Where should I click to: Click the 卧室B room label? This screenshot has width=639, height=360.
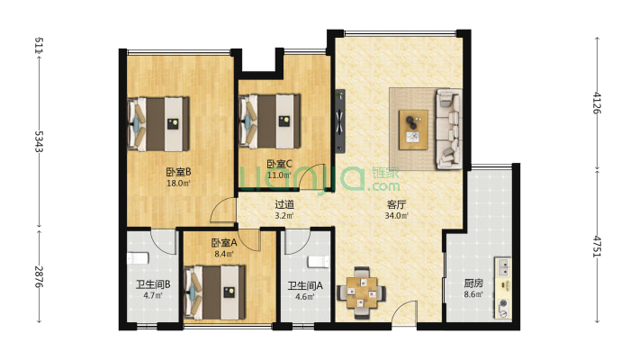[x=175, y=171]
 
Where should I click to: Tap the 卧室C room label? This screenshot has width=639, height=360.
[x=277, y=164]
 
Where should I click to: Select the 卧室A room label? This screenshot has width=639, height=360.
[x=224, y=243]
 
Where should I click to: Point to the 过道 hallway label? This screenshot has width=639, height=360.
[x=284, y=204]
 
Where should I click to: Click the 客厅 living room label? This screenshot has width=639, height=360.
[x=396, y=204]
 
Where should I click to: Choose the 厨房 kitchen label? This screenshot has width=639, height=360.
[x=474, y=283]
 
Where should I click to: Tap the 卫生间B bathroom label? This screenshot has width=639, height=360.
[x=141, y=287]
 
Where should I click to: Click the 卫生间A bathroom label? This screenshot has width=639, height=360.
[x=301, y=287]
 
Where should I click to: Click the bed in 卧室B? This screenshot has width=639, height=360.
[x=160, y=123]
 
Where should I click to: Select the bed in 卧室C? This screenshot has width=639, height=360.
[x=269, y=120]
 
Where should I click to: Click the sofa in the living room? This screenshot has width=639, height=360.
[x=448, y=129]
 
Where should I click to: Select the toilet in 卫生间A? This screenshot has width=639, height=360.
[x=314, y=262]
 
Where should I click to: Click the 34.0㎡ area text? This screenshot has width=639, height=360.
[x=396, y=216]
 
